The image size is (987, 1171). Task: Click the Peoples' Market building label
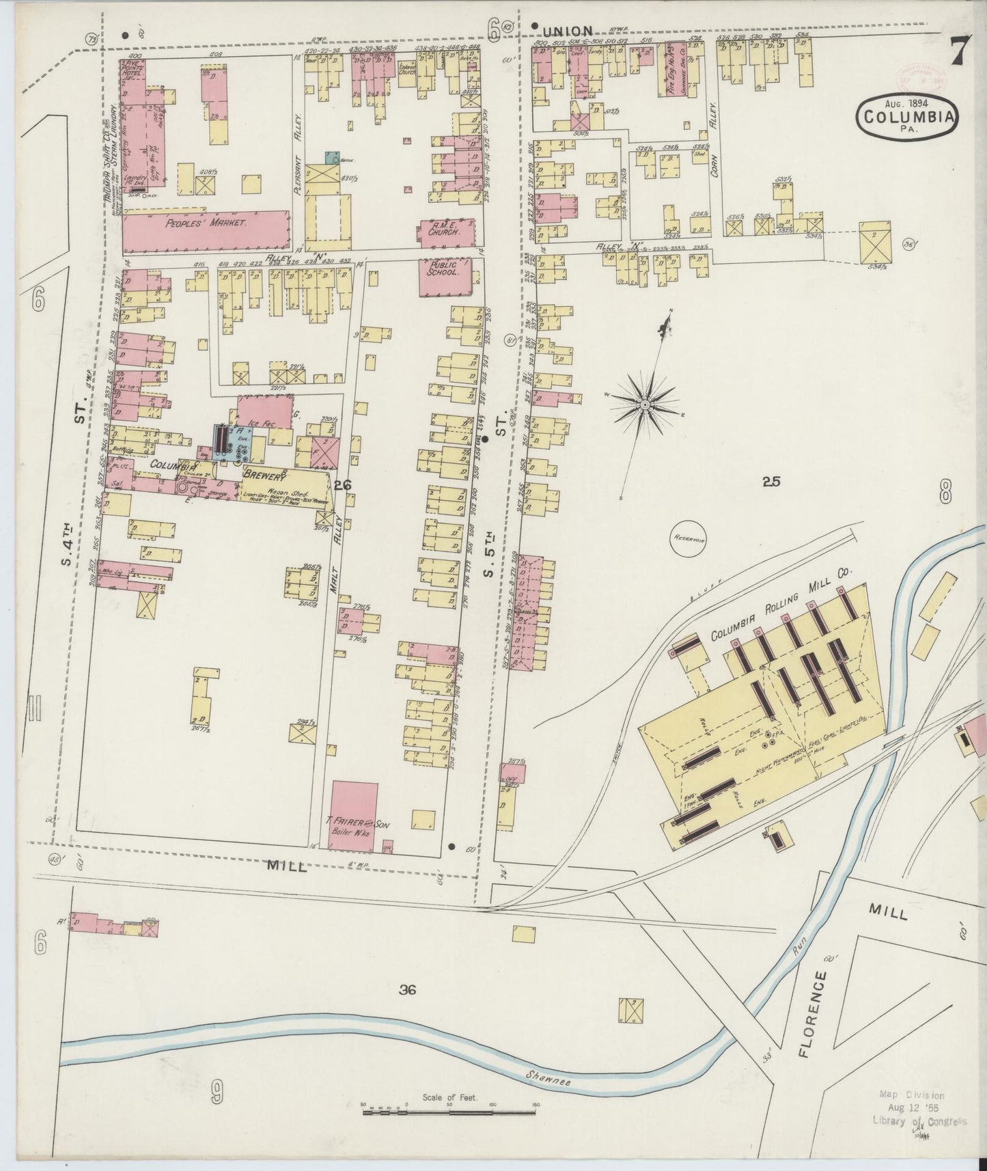point(206,223)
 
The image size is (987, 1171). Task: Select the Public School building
point(443,276)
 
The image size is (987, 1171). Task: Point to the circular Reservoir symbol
point(689,538)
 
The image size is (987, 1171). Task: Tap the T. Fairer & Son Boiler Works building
point(355,817)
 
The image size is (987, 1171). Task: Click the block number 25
point(771,482)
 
